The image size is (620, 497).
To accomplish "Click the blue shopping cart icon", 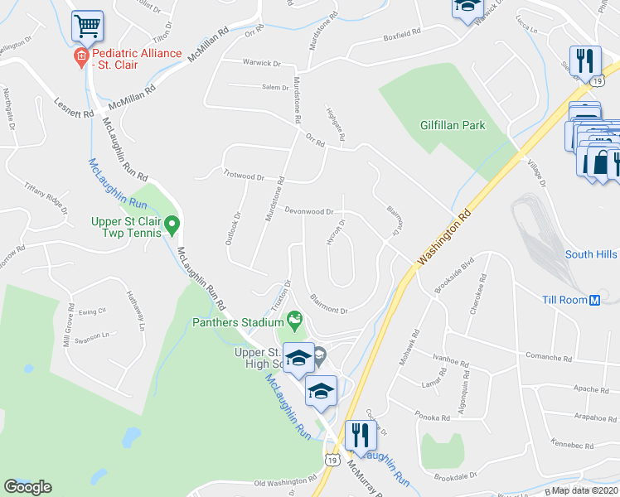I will tap(86, 26).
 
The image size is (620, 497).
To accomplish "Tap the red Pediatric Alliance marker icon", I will tap(80, 58).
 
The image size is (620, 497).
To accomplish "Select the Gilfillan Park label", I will tap(453, 125).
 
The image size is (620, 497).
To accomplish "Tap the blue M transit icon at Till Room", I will tap(593, 300).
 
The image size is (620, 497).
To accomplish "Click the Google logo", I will tap(27, 487).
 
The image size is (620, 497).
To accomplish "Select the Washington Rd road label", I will tap(443, 236).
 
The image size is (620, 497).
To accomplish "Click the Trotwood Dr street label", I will tap(243, 176).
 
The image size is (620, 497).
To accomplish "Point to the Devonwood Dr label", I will tap(309, 212).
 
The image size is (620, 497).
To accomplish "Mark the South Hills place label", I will tap(591, 254).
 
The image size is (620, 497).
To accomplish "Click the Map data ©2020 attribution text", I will tap(586, 490).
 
